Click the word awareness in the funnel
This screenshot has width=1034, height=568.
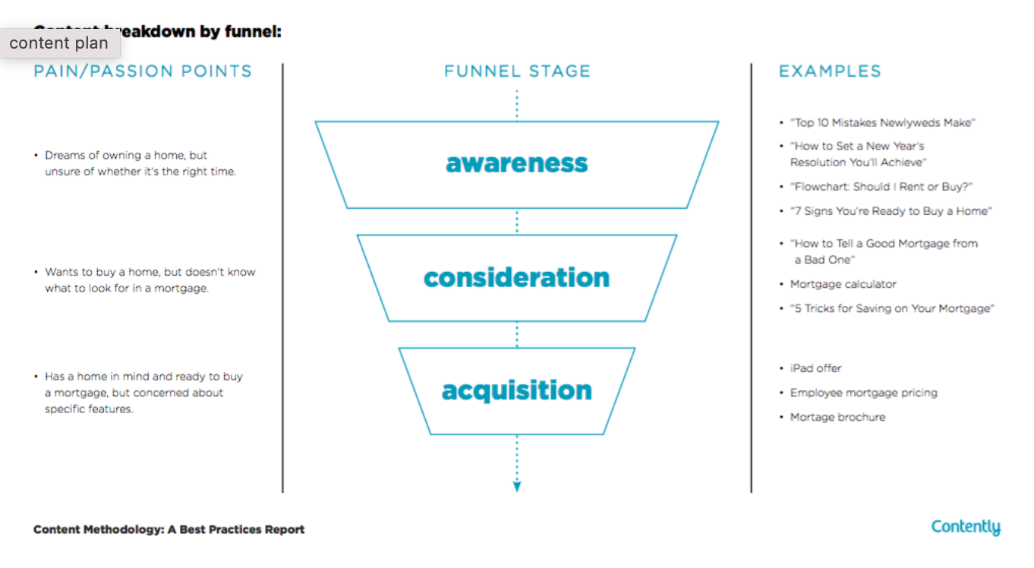516,163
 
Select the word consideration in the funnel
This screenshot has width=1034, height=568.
516,277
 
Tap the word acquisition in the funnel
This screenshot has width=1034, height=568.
516,390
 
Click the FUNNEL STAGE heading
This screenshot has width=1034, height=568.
517,71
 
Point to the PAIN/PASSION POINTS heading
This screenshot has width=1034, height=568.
143,71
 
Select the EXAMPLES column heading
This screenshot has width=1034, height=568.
830,71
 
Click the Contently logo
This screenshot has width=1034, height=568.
966,527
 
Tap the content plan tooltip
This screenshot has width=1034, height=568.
59,43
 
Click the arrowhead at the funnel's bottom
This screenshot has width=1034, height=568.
517,487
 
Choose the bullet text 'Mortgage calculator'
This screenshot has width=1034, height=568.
843,284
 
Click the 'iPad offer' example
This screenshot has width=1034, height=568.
815,368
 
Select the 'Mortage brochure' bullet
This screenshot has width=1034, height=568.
837,417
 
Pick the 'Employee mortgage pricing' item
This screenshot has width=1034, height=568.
863,393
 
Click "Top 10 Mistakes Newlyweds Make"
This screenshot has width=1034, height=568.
882,122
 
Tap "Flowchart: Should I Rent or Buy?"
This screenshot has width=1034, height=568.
881,187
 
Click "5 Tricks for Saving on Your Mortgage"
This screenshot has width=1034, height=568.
892,308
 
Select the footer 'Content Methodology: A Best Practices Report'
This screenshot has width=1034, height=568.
169,529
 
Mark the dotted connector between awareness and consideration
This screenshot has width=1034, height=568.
517,221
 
